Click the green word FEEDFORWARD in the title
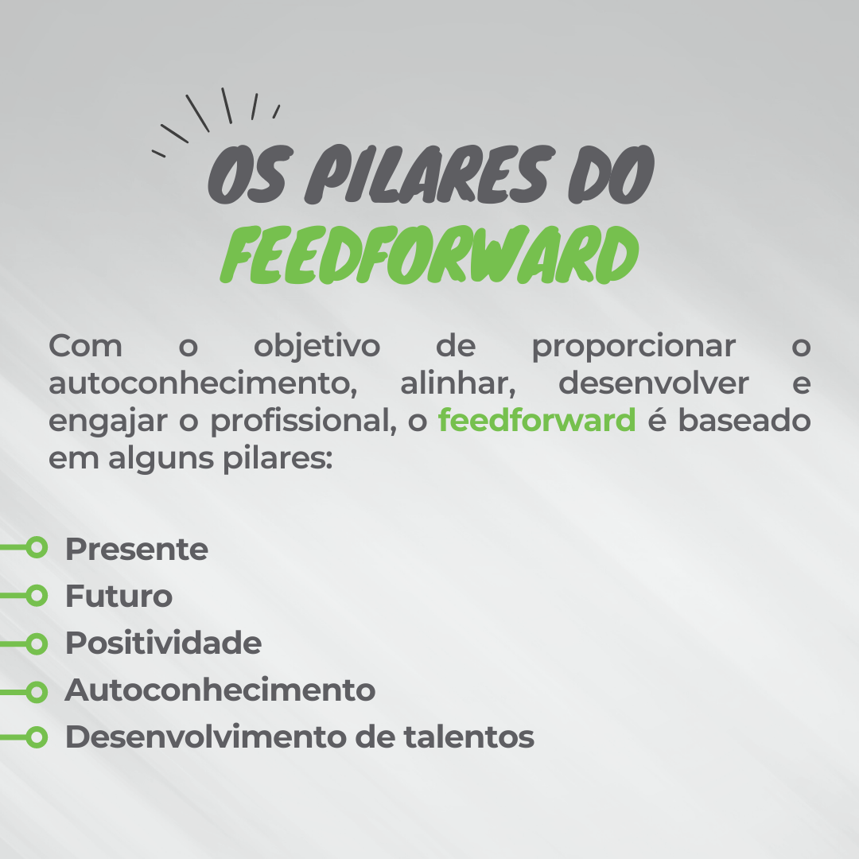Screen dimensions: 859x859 pyautogui.click(x=429, y=255)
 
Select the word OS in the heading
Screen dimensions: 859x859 pyautogui.click(x=247, y=173)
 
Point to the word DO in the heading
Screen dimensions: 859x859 pyautogui.click(x=612, y=173)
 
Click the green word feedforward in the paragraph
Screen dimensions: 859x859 pyautogui.click(x=537, y=420)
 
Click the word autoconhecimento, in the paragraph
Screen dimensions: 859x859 pyautogui.click(x=203, y=383)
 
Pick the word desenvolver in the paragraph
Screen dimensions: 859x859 pyautogui.click(x=653, y=383)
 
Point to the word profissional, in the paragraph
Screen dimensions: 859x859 pyautogui.click(x=304, y=422)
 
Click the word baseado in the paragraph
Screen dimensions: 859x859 pyautogui.click(x=744, y=420)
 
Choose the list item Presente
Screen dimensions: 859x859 pyautogui.click(x=137, y=549)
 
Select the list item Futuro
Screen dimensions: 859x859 pyautogui.click(x=119, y=596)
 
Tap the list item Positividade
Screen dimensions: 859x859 pyautogui.click(x=163, y=643)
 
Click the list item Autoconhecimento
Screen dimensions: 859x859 pyautogui.click(x=220, y=690)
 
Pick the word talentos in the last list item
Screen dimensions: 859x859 pyautogui.click(x=469, y=737)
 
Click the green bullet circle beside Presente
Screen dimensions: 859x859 pyautogui.click(x=37, y=547)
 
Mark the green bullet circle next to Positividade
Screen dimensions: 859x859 pyautogui.click(x=37, y=643)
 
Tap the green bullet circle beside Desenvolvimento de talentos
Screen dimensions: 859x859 pyautogui.click(x=37, y=737)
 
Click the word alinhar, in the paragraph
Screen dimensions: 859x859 pyautogui.click(x=458, y=383)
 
